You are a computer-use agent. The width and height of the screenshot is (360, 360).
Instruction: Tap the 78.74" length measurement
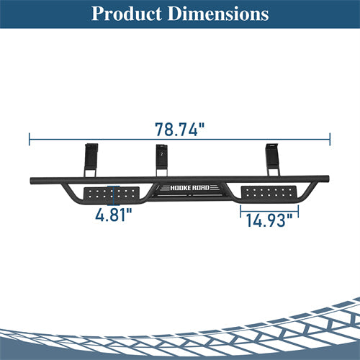click(179, 130)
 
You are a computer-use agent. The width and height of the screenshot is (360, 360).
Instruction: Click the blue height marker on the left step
click(112, 194)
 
